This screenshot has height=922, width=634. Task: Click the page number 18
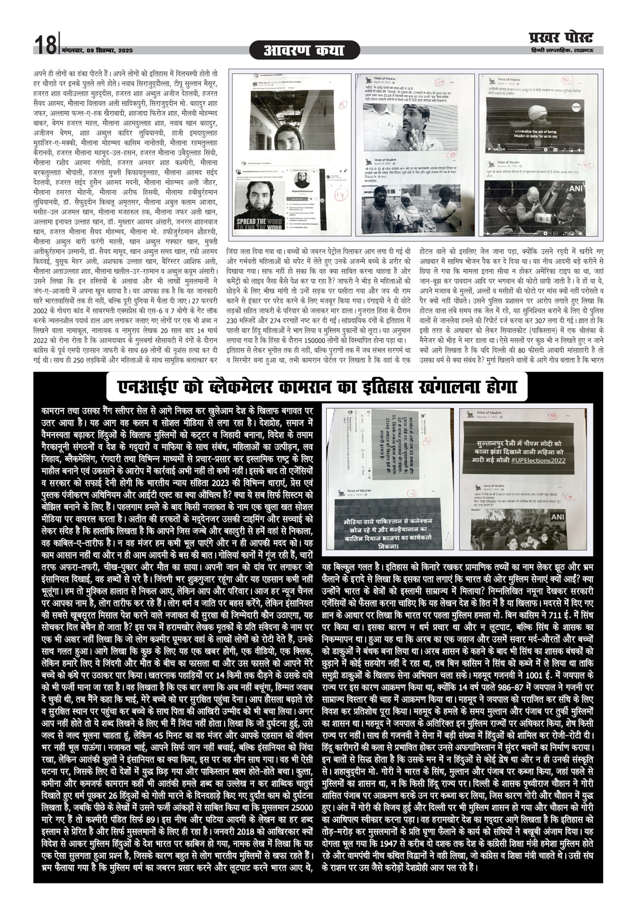tap(45, 45)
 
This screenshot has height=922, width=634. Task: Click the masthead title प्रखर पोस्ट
tap(561, 38)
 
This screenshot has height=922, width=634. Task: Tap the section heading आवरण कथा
tap(304, 51)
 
